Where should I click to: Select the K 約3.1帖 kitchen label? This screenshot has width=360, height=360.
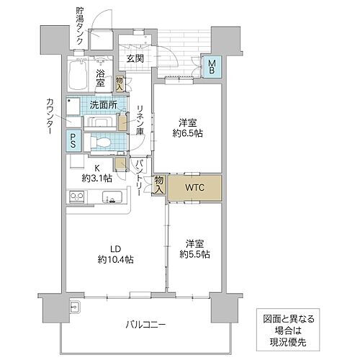point(96,172)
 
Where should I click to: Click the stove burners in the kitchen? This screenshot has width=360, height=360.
point(76,197)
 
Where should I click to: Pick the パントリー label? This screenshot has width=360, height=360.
point(140,178)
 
